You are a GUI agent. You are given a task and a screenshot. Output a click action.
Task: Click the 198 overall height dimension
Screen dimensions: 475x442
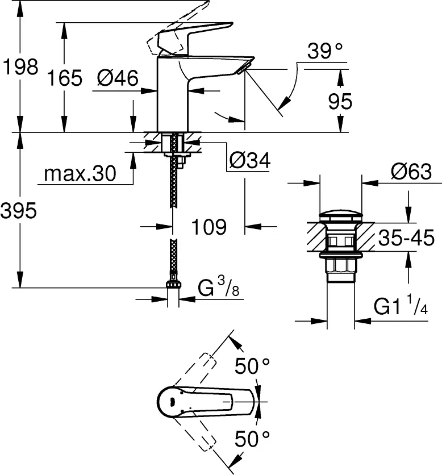pyautogui.click(x=20, y=67)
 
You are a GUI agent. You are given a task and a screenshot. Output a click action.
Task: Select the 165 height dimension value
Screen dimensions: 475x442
pyautogui.click(x=65, y=78)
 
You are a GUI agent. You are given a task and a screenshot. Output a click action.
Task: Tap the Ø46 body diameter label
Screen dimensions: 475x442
pyautogui.click(x=118, y=78)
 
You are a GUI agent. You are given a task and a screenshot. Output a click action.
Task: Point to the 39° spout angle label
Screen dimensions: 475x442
pyautogui.click(x=326, y=52)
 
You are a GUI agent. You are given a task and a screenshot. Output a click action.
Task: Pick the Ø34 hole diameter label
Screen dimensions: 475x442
pyautogui.click(x=250, y=161)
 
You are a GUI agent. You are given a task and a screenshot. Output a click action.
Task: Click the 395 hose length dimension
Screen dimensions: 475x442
pyautogui.click(x=19, y=211)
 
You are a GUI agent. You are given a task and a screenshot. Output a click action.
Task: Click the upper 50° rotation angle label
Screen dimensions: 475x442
pyautogui.click(x=253, y=367)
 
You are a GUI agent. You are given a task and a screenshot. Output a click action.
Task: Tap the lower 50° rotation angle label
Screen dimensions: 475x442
pyautogui.click(x=253, y=439)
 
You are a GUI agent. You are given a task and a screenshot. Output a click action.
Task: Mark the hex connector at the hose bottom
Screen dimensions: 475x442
pyautogui.click(x=173, y=286)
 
